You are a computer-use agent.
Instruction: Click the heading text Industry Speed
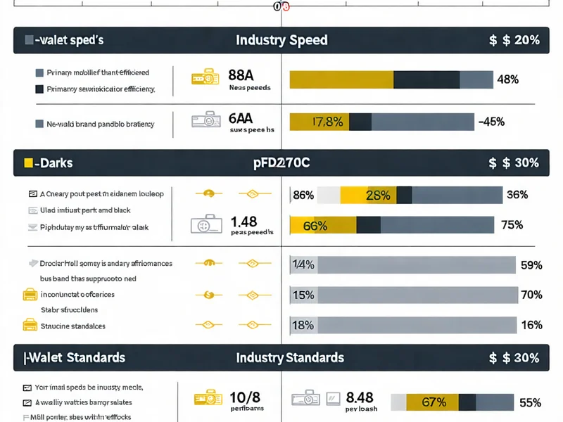[281, 40]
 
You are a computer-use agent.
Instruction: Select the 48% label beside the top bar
[507, 79]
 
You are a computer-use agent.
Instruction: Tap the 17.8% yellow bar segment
[320, 122]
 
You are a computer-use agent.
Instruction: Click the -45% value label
[491, 122]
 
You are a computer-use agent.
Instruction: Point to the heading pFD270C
[281, 162]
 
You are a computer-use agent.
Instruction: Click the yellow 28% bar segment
[368, 195]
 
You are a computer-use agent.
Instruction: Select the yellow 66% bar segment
[323, 225]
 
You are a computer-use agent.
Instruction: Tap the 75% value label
[511, 225]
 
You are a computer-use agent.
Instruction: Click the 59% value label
[530, 265]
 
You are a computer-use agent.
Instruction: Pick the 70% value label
[530, 295]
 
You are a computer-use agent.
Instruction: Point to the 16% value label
[530, 325]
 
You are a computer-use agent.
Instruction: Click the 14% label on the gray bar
[303, 265]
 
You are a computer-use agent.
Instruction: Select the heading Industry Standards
[290, 358]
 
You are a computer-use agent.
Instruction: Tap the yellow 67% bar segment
[434, 402]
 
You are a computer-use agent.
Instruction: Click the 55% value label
[529, 402]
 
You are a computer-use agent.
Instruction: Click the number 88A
[241, 75]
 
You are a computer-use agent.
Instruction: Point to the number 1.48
[243, 222]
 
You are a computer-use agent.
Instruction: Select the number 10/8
[245, 397]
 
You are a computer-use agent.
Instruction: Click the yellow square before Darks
[28, 162]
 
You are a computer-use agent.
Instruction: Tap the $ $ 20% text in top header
[514, 40]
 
